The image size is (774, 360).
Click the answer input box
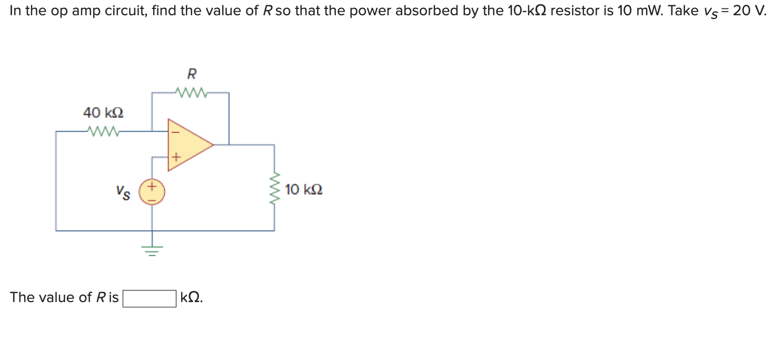(x=150, y=298)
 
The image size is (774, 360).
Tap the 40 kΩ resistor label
(x=103, y=113)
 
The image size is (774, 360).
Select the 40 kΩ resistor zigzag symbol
(x=104, y=131)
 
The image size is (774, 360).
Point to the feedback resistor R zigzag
(x=192, y=93)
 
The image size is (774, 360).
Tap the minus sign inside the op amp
(x=175, y=132)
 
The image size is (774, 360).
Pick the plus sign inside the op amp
(x=176, y=157)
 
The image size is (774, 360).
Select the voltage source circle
(x=152, y=192)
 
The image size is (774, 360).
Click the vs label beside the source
(x=123, y=193)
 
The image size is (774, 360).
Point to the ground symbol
(x=152, y=249)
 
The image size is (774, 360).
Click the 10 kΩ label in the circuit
(x=304, y=189)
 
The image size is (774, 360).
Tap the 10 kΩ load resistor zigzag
(x=274, y=189)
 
